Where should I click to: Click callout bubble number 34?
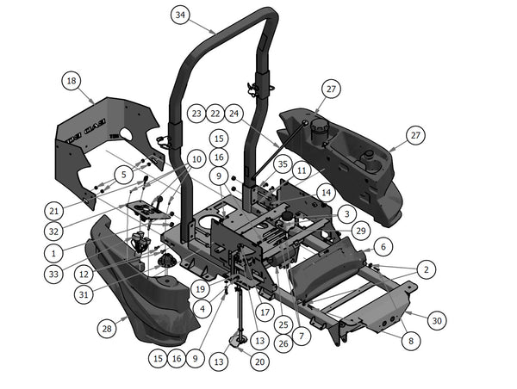[179, 15]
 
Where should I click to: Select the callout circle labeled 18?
[72, 81]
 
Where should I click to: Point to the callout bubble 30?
[437, 320]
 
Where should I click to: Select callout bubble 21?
[54, 210]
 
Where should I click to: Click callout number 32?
[53, 232]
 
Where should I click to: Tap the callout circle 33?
[53, 275]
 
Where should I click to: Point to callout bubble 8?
[409, 341]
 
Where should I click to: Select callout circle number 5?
[124, 174]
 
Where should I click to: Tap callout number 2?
[424, 269]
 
